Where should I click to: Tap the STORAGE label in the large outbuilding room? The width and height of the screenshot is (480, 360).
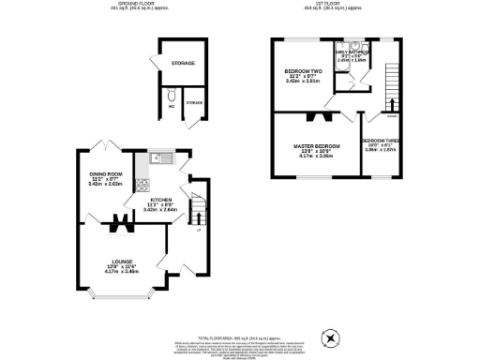(x=183, y=63)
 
